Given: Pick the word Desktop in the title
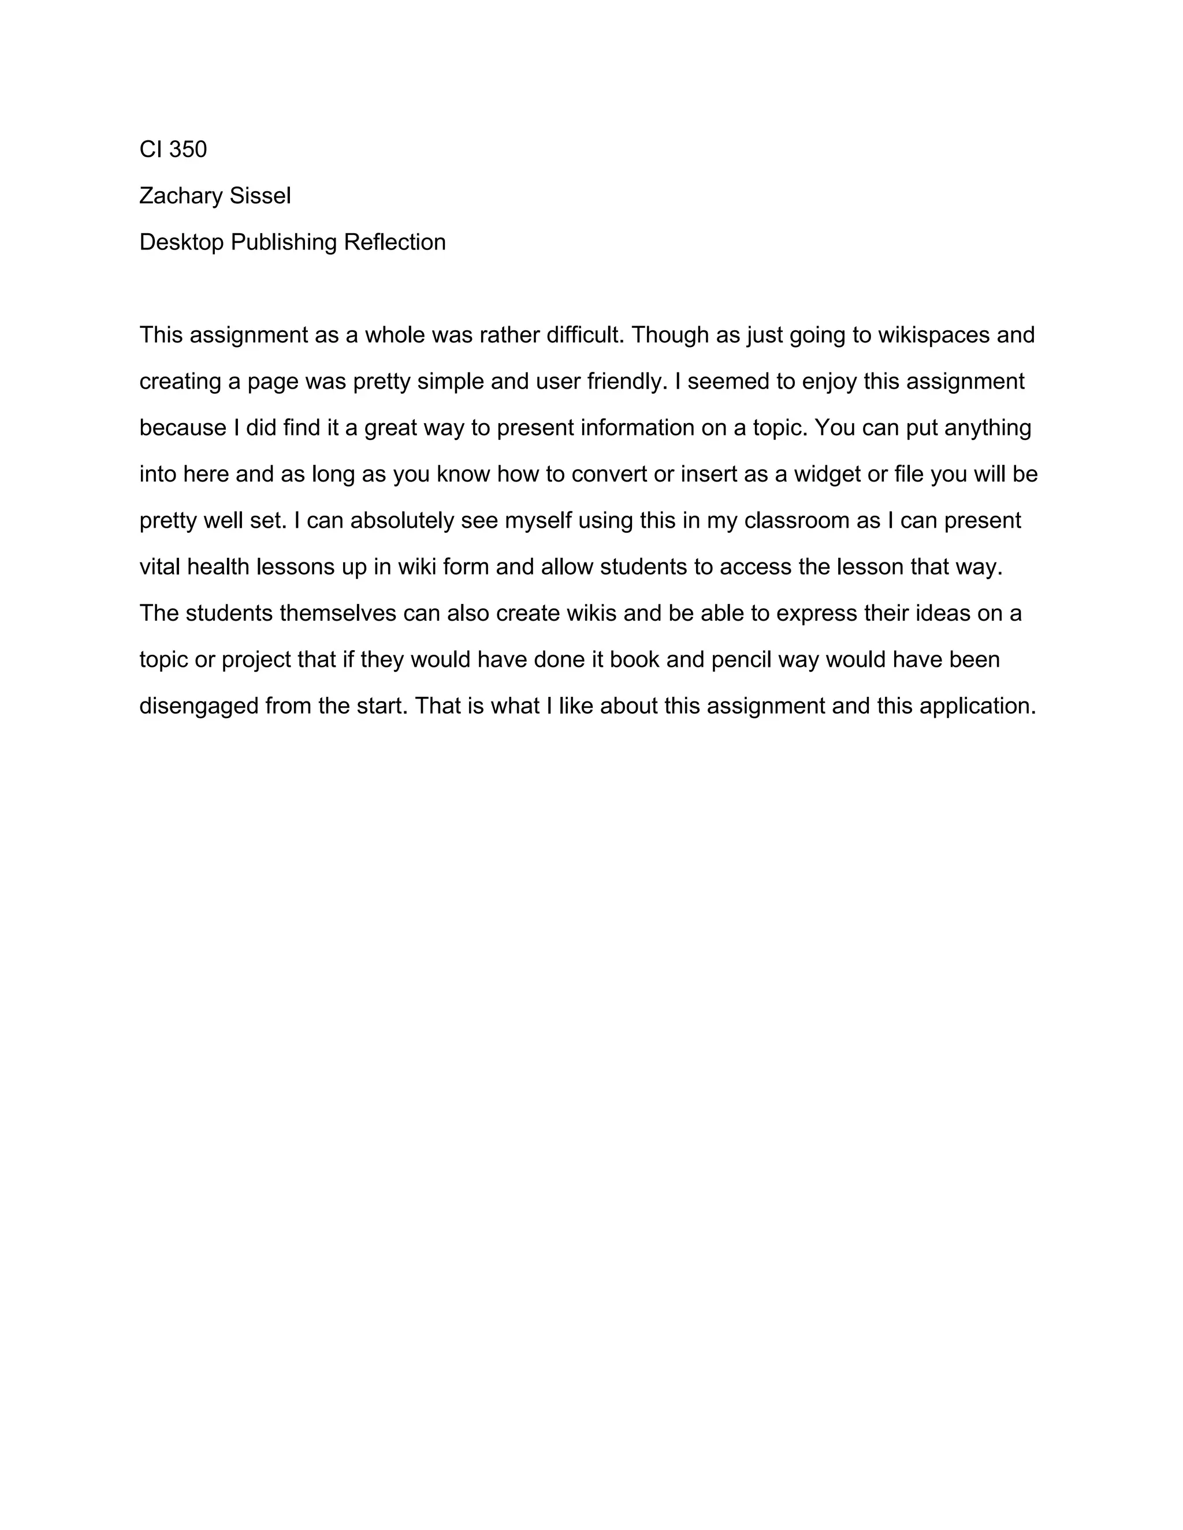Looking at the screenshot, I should coord(181,242).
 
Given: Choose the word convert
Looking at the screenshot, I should coord(609,475).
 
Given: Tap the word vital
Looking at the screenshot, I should coord(160,568).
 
